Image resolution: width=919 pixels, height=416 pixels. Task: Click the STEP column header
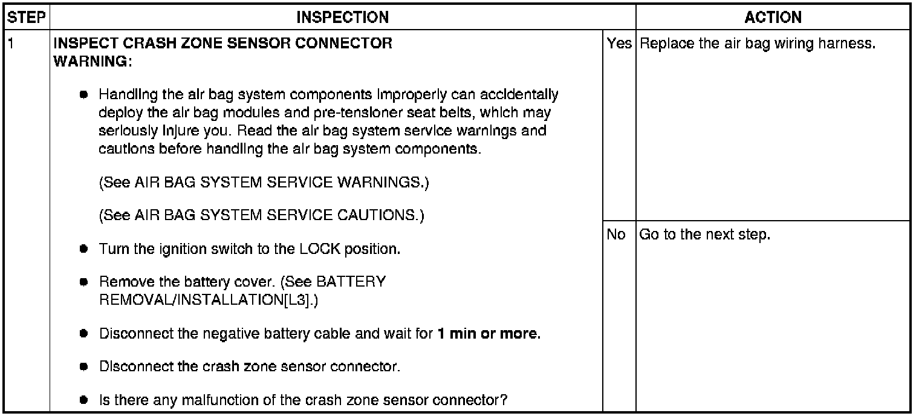pos(27,18)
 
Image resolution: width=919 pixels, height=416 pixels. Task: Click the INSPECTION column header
pos(342,18)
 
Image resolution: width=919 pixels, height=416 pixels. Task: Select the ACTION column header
pos(773,18)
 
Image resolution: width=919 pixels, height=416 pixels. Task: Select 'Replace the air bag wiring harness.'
pos(757,45)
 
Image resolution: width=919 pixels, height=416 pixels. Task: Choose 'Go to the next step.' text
pos(704,234)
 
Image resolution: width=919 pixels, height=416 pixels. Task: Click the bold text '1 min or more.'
pos(488,334)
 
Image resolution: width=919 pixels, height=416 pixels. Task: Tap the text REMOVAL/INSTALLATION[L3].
pos(208,300)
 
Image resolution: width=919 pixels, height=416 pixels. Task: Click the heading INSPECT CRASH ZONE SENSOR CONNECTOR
pos(222,44)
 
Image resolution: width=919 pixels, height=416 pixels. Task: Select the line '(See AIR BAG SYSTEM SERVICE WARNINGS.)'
pos(264,183)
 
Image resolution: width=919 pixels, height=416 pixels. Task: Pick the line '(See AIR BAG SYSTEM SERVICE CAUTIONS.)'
pos(261,215)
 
